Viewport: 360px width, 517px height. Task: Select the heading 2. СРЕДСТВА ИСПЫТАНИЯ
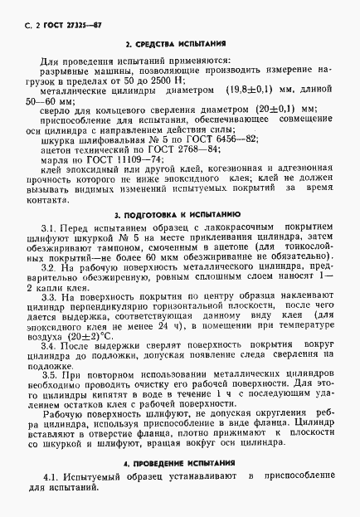(180, 43)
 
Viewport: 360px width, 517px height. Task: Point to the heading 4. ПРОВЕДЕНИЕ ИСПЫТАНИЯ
(180, 461)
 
